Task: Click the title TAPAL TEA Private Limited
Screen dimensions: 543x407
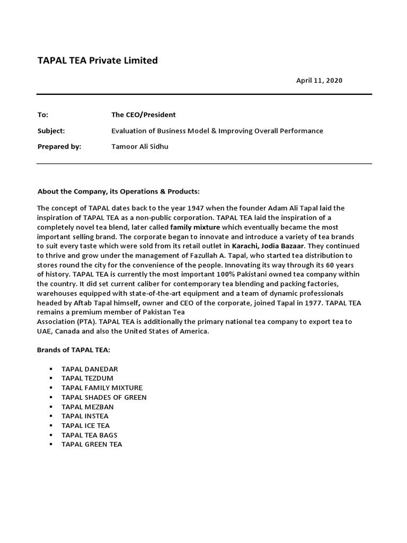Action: (98, 60)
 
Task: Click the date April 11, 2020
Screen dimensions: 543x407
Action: (319, 81)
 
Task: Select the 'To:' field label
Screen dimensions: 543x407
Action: (43, 115)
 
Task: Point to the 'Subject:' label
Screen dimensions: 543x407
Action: (51, 130)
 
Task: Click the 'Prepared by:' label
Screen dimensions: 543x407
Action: (59, 147)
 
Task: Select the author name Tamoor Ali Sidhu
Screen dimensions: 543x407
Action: (139, 147)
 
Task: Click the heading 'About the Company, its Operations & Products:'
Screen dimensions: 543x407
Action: (119, 191)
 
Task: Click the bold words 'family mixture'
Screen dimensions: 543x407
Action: (195, 227)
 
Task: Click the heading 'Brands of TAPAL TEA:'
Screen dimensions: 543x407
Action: (74, 350)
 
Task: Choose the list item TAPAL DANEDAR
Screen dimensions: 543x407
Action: (90, 369)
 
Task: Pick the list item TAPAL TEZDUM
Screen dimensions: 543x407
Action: (87, 378)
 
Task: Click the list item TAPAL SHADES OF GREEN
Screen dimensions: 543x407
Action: (104, 397)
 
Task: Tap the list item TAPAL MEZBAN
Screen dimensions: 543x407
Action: (87, 407)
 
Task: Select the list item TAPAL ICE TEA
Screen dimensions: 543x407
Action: (85, 425)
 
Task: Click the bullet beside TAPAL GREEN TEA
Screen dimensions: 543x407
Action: (51, 444)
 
